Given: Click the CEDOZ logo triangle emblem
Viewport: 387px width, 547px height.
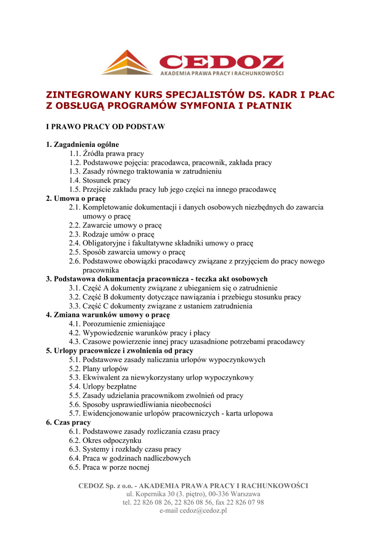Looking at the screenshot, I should pos(127,63).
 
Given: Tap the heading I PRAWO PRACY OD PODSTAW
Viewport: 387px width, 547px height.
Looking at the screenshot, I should pos(105,127).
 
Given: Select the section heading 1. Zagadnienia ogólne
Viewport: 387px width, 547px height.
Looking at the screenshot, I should pos(82,144).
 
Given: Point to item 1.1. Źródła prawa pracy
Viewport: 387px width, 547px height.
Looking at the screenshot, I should pos(106,153).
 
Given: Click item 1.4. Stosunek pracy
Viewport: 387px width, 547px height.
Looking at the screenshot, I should pos(99,181).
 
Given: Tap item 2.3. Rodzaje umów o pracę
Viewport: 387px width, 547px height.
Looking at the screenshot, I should pos(111,234).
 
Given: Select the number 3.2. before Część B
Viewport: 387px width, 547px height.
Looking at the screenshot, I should pos(75,297).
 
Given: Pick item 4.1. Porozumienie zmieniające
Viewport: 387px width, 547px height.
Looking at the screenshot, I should pos(117,324).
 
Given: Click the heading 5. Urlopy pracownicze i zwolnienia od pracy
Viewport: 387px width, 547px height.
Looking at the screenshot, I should pos(120,351).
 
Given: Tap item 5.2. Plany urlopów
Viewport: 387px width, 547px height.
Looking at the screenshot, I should pos(98,369).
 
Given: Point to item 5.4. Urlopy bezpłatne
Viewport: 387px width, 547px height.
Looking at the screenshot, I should pos(102,387).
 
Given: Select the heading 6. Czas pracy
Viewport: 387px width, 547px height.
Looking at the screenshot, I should pos(68,423).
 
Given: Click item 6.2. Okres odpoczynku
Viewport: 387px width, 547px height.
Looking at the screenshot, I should pos(105,440).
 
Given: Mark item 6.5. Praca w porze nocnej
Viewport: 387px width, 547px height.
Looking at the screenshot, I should pos(109,467).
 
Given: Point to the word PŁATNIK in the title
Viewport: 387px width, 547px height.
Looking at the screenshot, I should pos(269,106).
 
